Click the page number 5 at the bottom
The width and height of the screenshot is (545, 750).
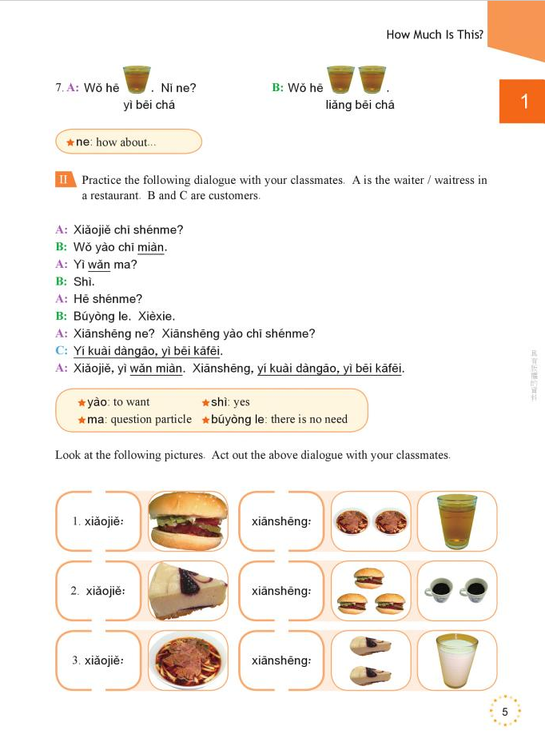[504, 712]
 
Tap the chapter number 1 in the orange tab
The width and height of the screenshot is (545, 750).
[523, 102]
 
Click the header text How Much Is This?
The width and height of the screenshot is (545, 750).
[434, 34]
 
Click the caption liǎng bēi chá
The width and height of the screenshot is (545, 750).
[360, 105]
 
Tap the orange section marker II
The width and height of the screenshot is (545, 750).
[65, 180]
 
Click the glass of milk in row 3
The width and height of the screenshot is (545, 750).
[456, 660]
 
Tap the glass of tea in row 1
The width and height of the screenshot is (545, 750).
[456, 521]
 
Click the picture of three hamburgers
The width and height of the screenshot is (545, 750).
[368, 591]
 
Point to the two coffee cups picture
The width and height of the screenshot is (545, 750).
[456, 591]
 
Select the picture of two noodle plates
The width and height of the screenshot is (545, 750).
[368, 521]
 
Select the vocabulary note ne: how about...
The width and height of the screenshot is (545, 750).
[117, 142]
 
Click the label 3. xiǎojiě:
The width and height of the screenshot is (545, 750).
[98, 660]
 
